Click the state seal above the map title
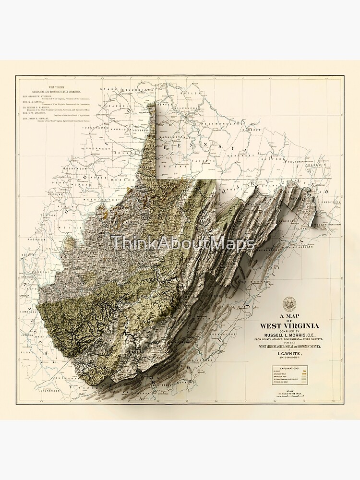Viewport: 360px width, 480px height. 289,303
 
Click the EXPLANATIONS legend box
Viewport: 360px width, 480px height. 290,376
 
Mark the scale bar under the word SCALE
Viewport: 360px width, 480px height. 289,396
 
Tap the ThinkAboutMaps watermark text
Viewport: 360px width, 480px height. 183,243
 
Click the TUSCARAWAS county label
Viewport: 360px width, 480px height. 94,128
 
